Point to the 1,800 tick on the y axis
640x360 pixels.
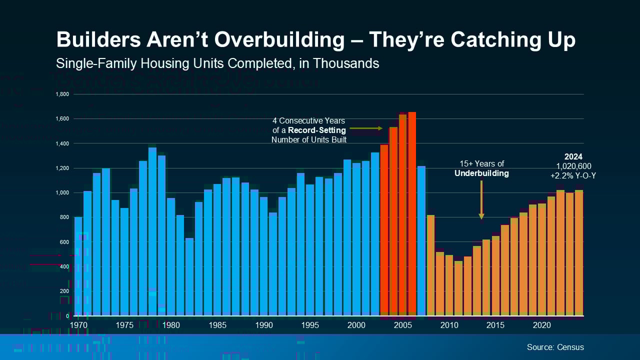(x=65, y=94)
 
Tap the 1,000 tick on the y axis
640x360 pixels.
(x=65, y=192)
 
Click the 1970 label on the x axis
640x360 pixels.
(x=79, y=325)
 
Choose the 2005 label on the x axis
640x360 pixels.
(x=402, y=325)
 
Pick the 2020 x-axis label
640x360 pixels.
(x=542, y=325)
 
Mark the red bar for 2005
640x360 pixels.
(x=402, y=215)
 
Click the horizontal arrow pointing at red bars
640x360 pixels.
(x=365, y=128)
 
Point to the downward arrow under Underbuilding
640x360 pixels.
(x=481, y=199)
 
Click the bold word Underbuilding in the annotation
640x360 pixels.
(x=481, y=173)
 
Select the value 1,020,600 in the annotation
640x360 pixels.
(x=573, y=166)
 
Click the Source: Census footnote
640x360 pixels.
(x=555, y=347)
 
